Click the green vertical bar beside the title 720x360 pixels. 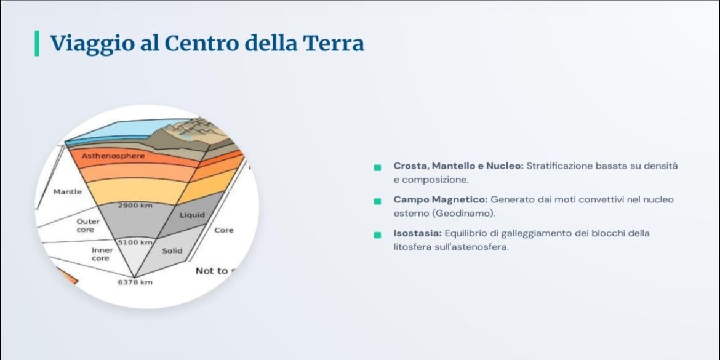tap(37, 44)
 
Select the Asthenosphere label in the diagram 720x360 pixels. tap(113, 156)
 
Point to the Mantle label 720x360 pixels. tap(68, 191)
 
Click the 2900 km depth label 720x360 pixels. tap(135, 206)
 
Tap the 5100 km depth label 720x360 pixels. tap(135, 241)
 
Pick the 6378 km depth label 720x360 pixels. tap(135, 282)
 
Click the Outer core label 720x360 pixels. tap(88, 225)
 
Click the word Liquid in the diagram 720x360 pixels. tap(192, 215)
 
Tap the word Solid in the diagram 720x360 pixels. tap(172, 250)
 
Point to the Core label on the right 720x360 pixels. tap(223, 230)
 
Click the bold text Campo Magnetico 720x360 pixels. tap(441, 200)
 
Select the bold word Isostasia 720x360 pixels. tap(417, 233)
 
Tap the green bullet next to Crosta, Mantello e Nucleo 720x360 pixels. tap(377, 167)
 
